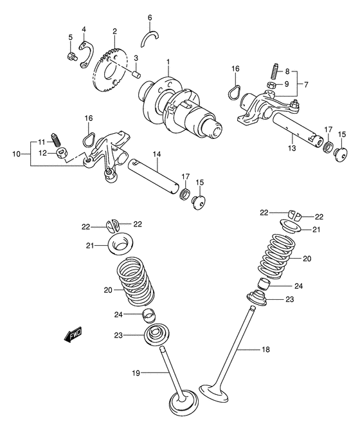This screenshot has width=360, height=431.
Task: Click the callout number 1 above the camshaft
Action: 168,62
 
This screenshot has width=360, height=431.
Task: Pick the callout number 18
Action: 266,351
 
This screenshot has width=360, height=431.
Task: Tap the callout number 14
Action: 155,154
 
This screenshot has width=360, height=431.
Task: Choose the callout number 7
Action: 305,84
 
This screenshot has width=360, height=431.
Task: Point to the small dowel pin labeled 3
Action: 137,73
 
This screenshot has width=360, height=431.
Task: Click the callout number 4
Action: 84,30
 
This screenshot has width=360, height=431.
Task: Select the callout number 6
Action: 150,17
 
